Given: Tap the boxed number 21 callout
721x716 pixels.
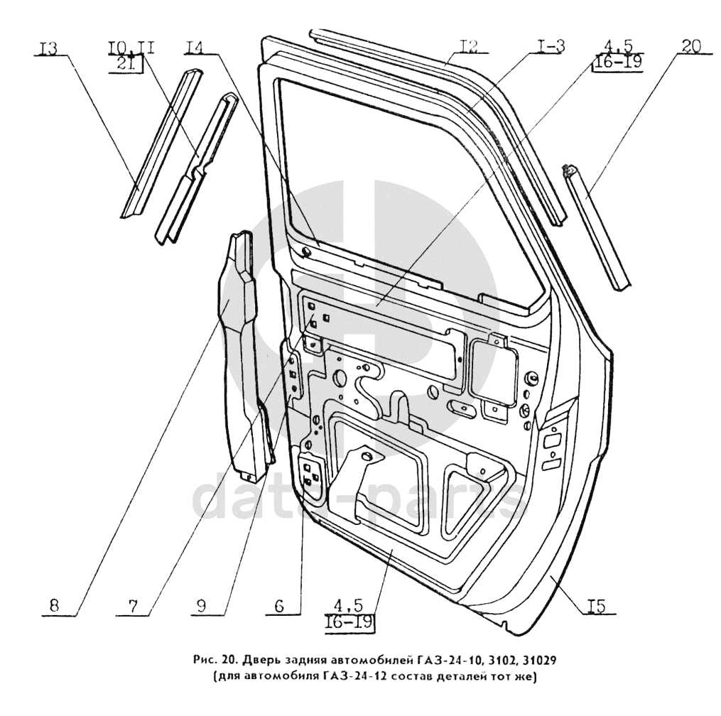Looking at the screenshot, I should click(130, 65).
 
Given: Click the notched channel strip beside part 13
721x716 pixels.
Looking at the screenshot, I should click(195, 167).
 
